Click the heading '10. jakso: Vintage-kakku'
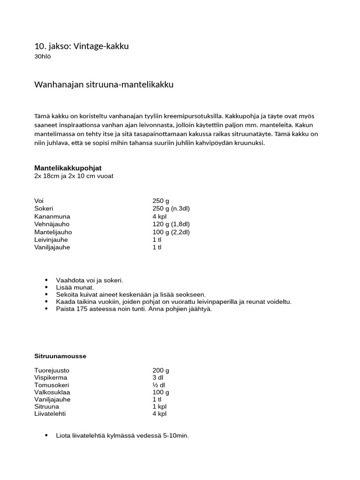pyautogui.click(x=81, y=46)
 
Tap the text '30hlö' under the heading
pyautogui.click(x=43, y=57)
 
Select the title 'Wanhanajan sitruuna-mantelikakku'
pyautogui.click(x=104, y=85)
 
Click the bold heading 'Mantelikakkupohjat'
pyautogui.click(x=68, y=168)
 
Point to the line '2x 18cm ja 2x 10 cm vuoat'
pyautogui.click(x=74, y=176)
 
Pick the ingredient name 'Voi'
pyautogui.click(x=39, y=201)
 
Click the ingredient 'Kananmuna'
pyautogui.click(x=52, y=217)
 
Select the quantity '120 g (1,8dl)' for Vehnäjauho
pyautogui.click(x=171, y=224)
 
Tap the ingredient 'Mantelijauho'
pyautogui.click(x=53, y=232)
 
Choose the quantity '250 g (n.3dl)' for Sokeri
pyautogui.click(x=171, y=209)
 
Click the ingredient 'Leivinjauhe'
pyautogui.click(x=52, y=240)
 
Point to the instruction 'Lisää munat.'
pyautogui.click(x=75, y=287)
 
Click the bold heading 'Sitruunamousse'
pyautogui.click(x=60, y=356)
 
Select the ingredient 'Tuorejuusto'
pyautogui.click(x=52, y=370)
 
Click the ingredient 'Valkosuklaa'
pyautogui.click(x=51, y=392)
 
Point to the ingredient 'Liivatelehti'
pyautogui.click(x=50, y=413)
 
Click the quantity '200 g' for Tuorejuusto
pyautogui.click(x=161, y=370)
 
